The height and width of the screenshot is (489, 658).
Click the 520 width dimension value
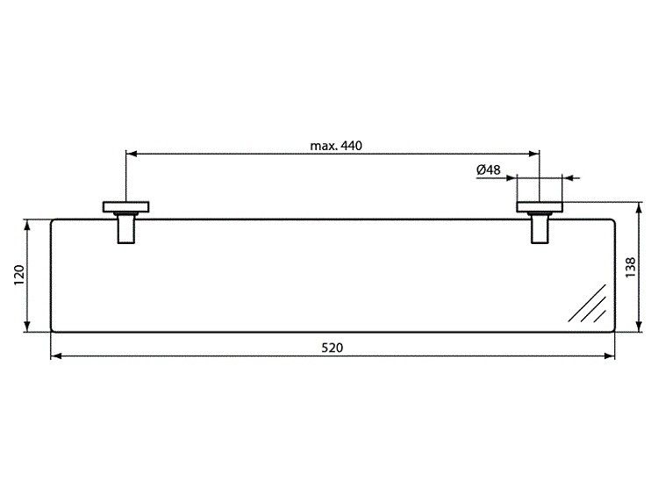332,347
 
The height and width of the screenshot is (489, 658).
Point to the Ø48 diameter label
489,169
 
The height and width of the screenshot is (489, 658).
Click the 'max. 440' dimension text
336,146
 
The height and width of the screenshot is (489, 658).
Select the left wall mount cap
126,208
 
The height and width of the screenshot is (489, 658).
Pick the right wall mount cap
540,208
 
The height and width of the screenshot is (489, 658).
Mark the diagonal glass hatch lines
587,304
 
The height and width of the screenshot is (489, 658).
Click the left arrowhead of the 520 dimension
56,356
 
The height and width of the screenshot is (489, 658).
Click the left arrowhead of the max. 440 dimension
132,154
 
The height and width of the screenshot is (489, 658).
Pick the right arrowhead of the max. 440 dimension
534,154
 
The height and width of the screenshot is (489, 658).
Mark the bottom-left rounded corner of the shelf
54,330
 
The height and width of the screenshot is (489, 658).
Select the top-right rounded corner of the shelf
612,221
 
